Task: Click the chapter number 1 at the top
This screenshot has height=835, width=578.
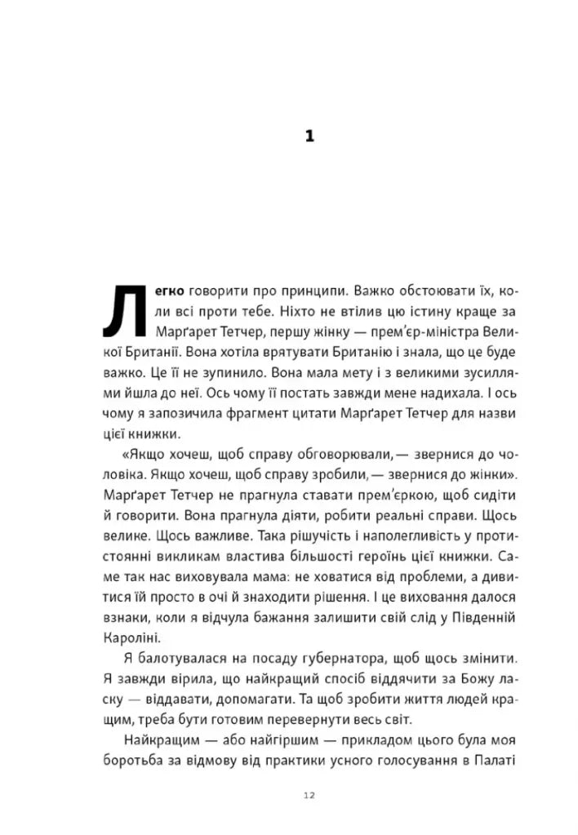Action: point(309,136)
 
